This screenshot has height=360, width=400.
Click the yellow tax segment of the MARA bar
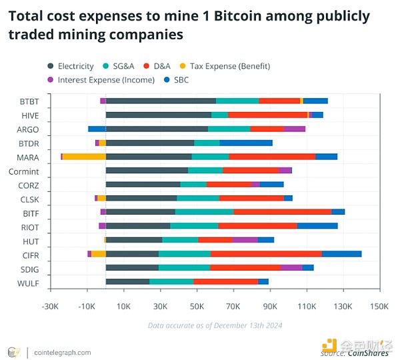click(84, 157)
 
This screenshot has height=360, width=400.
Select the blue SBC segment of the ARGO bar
click(97, 129)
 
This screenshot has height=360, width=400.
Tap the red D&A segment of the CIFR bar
click(266, 253)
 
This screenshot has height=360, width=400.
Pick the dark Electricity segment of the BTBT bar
click(161, 101)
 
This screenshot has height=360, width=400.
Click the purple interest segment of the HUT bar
click(245, 239)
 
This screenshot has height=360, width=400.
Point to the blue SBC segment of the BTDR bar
click(246, 143)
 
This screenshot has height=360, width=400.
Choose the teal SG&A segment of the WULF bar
click(171, 281)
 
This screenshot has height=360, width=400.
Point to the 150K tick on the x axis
click(379, 306)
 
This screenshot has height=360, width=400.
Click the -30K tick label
click(50, 306)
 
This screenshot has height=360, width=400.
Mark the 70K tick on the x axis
click(233, 306)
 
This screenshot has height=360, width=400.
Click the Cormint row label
click(23, 171)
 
